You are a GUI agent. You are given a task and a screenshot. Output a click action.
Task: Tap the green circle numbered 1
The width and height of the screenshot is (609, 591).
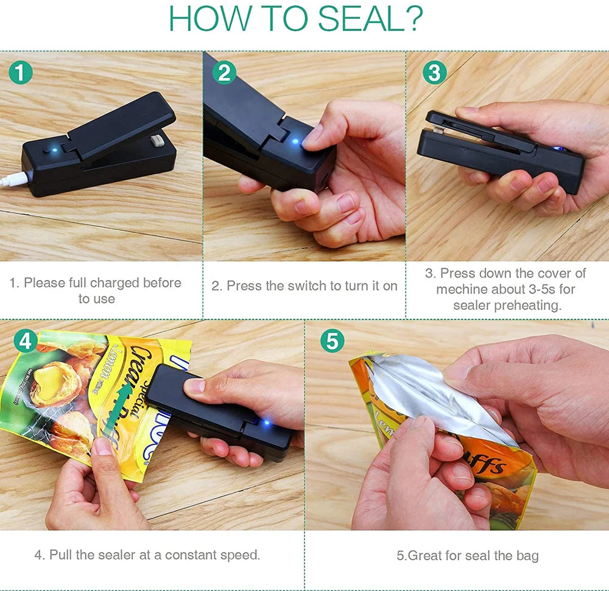coord(21,73)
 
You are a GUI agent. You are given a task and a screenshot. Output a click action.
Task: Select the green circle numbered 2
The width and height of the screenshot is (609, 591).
coord(224,73)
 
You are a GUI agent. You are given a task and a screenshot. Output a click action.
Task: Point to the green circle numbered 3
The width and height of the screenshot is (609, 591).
coord(434,73)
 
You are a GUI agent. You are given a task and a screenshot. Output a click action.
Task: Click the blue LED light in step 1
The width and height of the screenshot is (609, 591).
coord(55,147)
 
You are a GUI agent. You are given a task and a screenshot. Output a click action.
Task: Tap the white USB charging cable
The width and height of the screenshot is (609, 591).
coord(12,180)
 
